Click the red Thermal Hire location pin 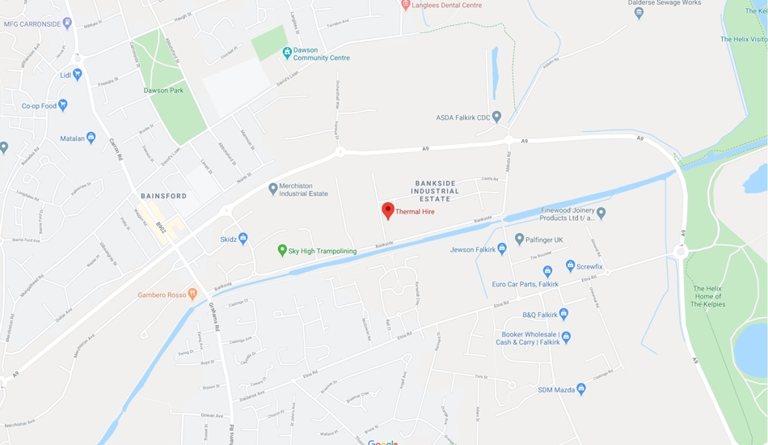[388, 210]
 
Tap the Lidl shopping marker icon [78, 74]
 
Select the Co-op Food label [39, 106]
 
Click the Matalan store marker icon [91, 138]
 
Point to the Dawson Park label [163, 91]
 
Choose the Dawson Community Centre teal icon [287, 53]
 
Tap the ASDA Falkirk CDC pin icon [496, 117]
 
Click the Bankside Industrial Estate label [435, 191]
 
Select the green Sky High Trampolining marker [282, 251]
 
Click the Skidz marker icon [243, 239]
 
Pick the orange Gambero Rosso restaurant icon [192, 294]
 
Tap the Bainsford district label [163, 196]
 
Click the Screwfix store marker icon [570, 265]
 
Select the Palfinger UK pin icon [519, 239]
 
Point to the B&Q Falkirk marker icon [563, 314]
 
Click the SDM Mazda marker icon [580, 389]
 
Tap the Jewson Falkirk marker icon [501, 249]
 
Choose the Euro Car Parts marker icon [547, 272]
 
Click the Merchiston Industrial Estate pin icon [272, 189]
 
